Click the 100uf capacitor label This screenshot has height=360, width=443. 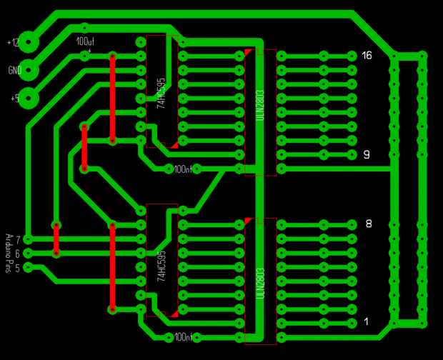click(85, 41)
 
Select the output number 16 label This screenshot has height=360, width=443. click(367, 55)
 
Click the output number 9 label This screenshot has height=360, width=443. click(367, 154)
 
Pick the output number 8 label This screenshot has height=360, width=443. click(369, 224)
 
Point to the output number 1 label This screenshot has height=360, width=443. click(367, 322)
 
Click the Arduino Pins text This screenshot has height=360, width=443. click(9, 253)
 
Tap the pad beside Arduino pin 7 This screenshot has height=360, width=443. click(28, 239)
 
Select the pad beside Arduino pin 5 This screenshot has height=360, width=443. click(28, 267)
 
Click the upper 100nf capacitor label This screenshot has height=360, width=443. click(183, 169)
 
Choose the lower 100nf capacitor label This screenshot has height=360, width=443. click(183, 337)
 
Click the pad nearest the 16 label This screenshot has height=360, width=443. click(352, 56)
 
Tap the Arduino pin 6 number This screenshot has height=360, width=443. click(17, 253)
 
